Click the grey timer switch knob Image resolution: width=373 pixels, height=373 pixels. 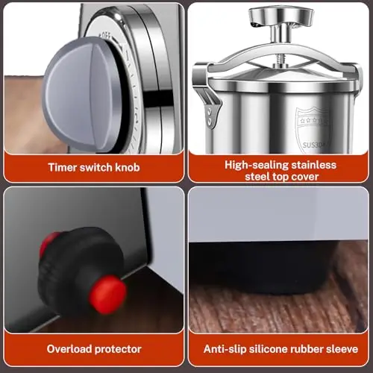[82, 95]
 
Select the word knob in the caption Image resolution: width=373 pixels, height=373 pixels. [128, 167]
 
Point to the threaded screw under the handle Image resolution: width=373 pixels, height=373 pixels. [280, 59]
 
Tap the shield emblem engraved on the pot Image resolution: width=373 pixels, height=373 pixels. [313, 130]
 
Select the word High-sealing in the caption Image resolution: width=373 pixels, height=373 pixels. [257, 166]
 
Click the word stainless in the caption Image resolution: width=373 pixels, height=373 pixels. [314, 165]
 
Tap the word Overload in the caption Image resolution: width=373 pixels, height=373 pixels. [69, 349]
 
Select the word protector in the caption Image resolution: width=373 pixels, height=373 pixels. [118, 350]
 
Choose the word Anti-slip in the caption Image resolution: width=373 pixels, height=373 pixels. [225, 349]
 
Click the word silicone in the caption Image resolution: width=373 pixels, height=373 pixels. [269, 349]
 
